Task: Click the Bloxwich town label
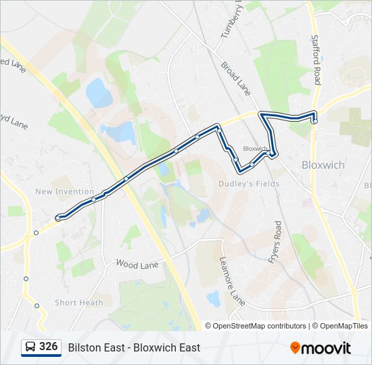click(x=323, y=165)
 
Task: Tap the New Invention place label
click(x=65, y=192)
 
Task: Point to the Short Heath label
click(x=79, y=303)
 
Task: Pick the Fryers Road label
click(x=275, y=241)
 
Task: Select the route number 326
click(x=48, y=347)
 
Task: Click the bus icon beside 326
click(x=30, y=347)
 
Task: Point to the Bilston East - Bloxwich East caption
click(x=134, y=347)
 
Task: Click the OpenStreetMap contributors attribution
click(x=256, y=326)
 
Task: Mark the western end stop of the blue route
click(x=59, y=218)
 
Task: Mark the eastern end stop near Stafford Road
click(x=315, y=121)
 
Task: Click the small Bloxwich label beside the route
click(x=255, y=148)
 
